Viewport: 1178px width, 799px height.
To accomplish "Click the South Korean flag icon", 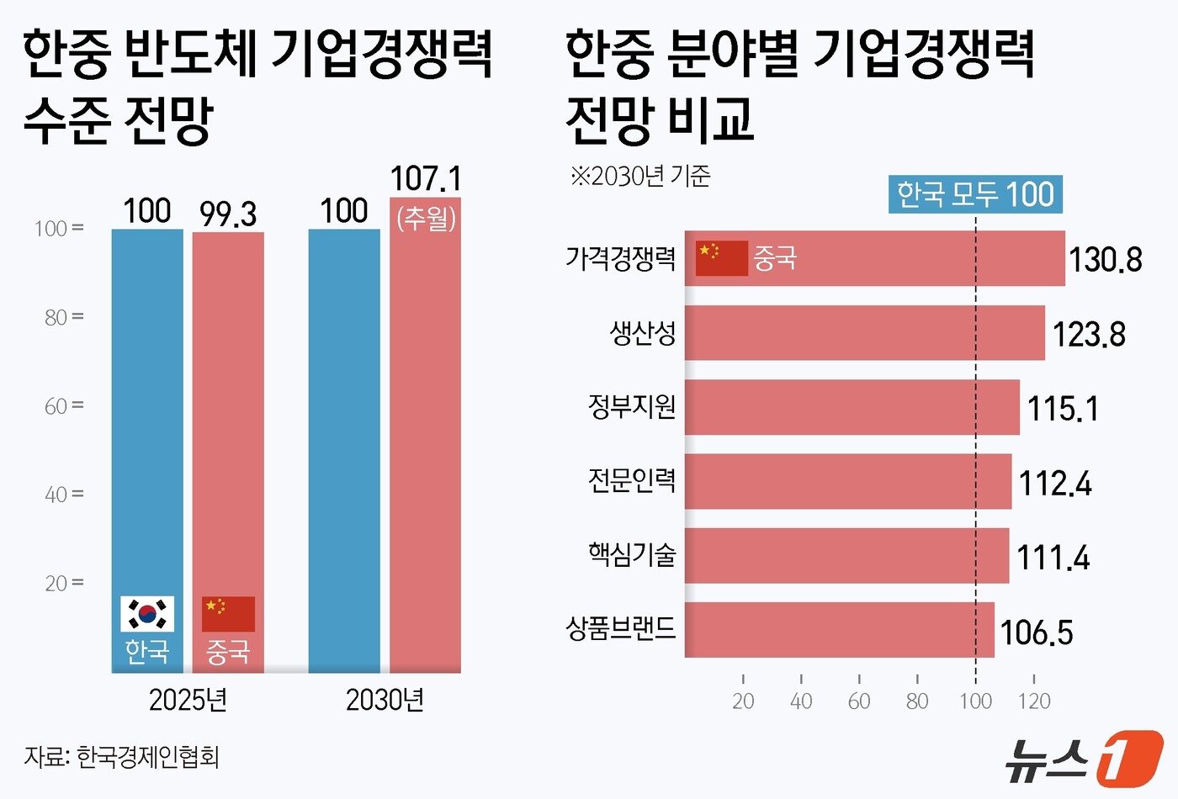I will point(147,614).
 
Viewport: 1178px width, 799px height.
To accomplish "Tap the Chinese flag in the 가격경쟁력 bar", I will point(721,258).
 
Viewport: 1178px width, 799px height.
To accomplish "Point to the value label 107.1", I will point(426,179).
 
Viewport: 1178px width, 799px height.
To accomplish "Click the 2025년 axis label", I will point(188,700).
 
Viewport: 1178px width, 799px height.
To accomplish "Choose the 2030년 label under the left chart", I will point(385,700).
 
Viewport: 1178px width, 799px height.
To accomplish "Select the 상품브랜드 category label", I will point(621,628).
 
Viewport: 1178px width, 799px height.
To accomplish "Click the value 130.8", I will point(1105,260).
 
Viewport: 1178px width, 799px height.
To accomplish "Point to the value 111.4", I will point(1053,558).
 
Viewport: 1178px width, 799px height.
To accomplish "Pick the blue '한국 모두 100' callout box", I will point(975,194).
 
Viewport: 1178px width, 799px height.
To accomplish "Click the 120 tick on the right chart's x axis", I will point(1033,701).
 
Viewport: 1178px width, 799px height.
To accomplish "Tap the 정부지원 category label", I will point(632,407).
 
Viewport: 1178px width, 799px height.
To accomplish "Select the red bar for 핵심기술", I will point(846,556).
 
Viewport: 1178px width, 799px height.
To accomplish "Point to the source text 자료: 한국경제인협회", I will point(122,757).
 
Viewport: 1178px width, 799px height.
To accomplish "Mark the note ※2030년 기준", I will point(640,176).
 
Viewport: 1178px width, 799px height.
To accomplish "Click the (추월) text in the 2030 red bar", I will point(426,218).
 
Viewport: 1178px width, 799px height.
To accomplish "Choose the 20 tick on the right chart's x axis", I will point(743,701).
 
